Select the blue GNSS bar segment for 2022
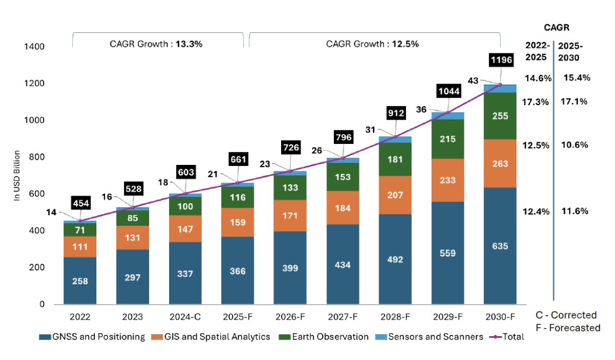[80, 281]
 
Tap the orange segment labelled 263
[500, 163]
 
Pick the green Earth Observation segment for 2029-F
[448, 139]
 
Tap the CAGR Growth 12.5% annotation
[373, 44]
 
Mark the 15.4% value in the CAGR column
[577, 78]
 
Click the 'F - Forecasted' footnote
[568, 328]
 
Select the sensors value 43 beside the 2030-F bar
[474, 80]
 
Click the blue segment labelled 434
[343, 265]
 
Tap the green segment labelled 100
[185, 206]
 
